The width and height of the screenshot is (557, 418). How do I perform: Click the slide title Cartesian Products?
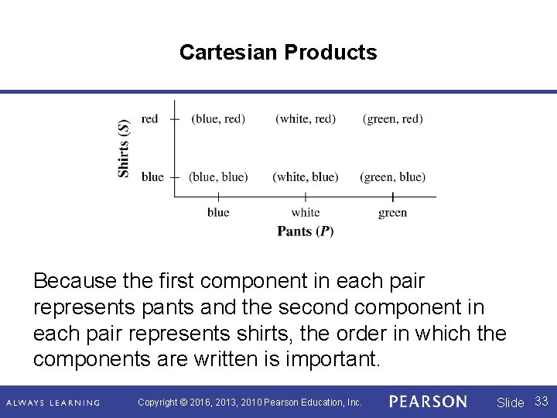click(x=278, y=52)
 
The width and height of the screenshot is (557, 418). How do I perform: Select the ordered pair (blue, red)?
click(x=218, y=118)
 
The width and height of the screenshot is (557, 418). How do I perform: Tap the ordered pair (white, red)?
click(x=306, y=118)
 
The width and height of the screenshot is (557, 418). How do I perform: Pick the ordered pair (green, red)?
click(x=393, y=118)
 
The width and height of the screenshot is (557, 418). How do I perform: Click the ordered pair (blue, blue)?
click(x=218, y=176)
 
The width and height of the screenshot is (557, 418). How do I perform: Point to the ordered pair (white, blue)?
click(x=306, y=176)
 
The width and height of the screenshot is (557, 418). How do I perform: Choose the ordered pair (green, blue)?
click(x=393, y=176)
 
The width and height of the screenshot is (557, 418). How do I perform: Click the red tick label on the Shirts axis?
click(x=149, y=118)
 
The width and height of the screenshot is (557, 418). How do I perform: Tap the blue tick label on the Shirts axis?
click(x=152, y=176)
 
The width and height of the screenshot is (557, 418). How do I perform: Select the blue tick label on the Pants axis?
click(x=218, y=212)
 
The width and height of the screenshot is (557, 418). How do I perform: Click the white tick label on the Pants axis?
click(x=306, y=212)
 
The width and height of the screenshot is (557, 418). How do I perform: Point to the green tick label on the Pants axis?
click(x=393, y=212)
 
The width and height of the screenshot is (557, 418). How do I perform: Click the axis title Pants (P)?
click(x=306, y=231)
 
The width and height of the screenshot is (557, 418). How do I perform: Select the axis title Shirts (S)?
click(x=124, y=148)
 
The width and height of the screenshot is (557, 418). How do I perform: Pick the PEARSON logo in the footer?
click(x=428, y=402)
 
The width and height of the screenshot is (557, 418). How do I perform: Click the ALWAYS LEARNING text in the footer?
click(x=53, y=403)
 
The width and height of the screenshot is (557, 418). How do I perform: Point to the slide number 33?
click(x=542, y=401)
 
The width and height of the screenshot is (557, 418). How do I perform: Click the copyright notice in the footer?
click(x=249, y=403)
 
